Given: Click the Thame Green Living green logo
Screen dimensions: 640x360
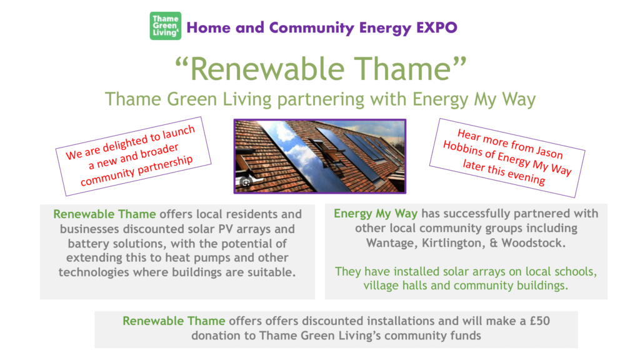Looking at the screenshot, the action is pyautogui.click(x=165, y=26).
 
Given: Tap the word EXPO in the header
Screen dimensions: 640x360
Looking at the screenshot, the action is pyautogui.click(x=437, y=27).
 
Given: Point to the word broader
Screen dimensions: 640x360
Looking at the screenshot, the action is pyautogui.click(x=159, y=151).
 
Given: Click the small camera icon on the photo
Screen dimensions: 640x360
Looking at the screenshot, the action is pyautogui.click(x=246, y=183).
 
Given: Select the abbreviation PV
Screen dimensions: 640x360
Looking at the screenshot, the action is pyautogui.click(x=226, y=229).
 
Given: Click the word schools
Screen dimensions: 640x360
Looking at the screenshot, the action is pyautogui.click(x=576, y=272).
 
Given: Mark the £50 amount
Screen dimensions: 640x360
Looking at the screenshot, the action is pyautogui.click(x=540, y=321).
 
